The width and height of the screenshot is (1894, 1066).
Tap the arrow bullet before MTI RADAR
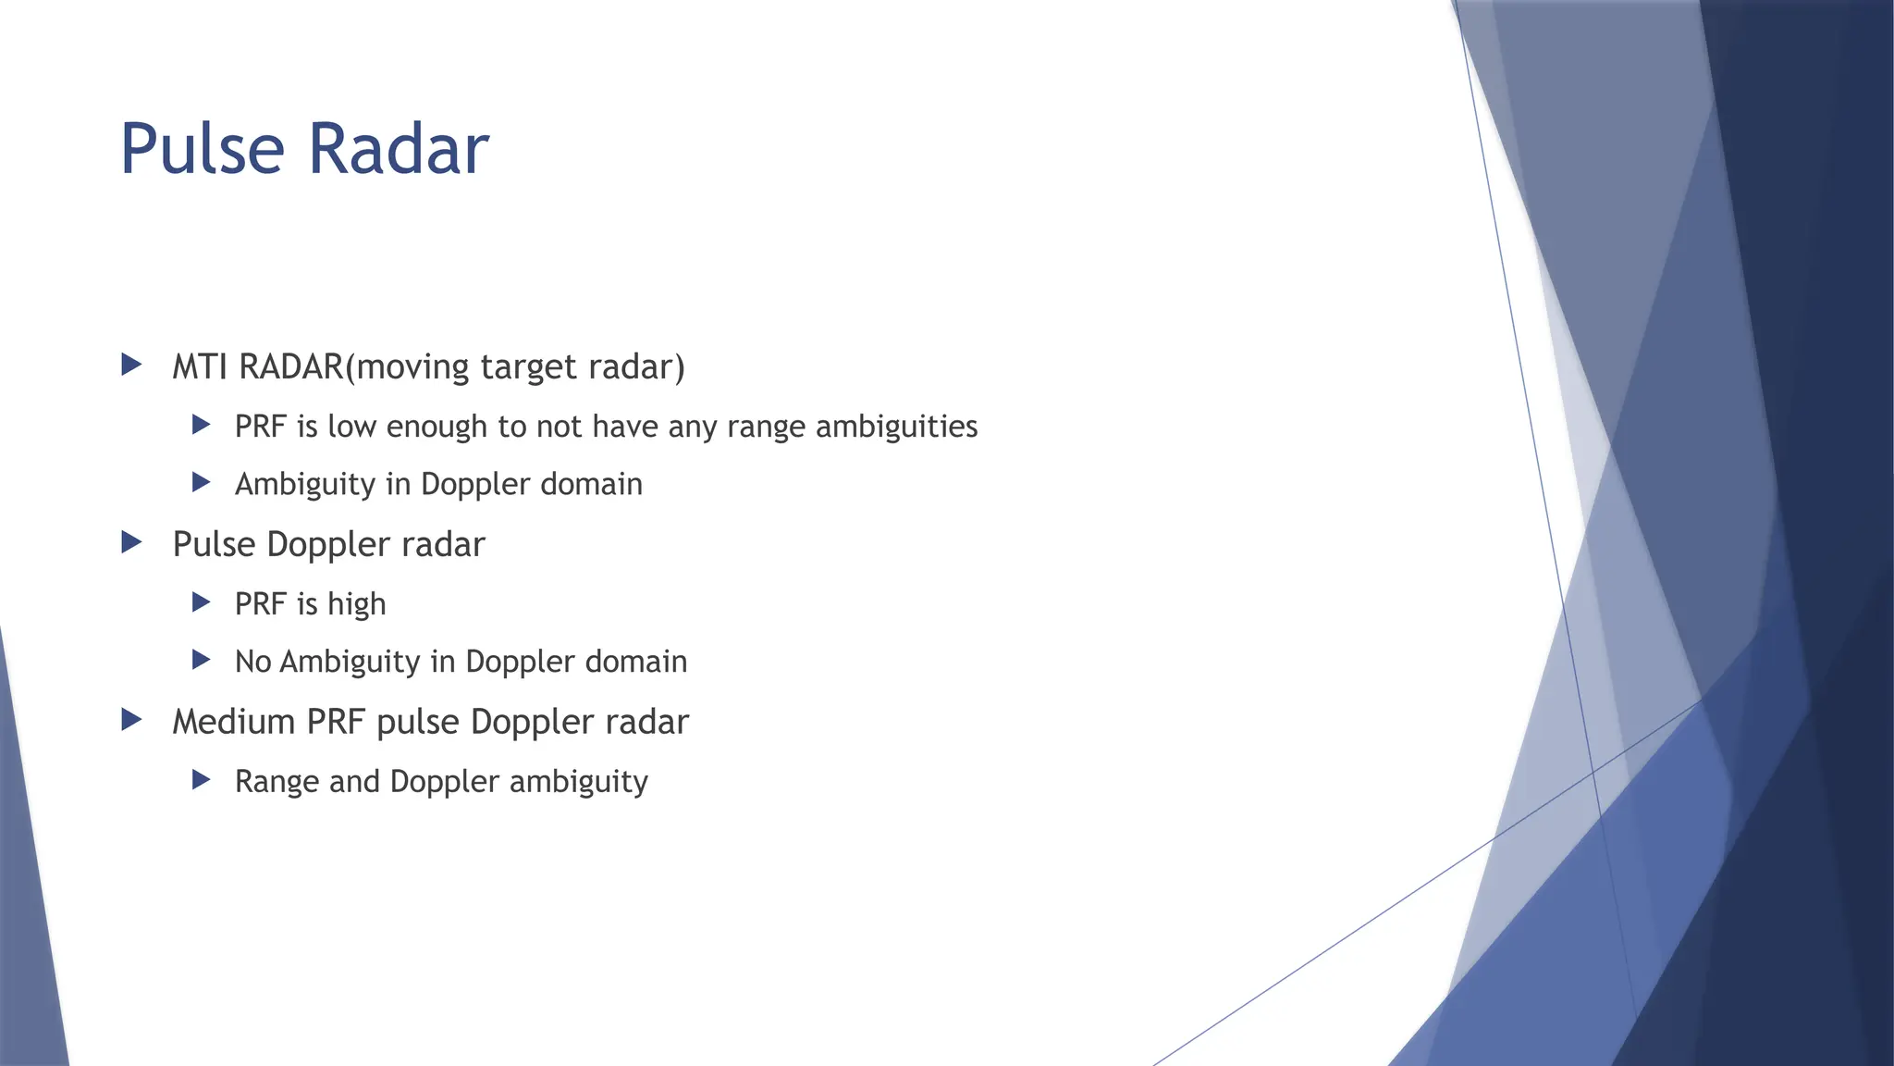pyautogui.click(x=132, y=365)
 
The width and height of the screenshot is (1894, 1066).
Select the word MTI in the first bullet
pyautogui.click(x=200, y=366)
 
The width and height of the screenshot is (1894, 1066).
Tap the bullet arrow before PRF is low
pyautogui.click(x=201, y=425)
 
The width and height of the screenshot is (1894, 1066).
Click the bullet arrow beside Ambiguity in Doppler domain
pyautogui.click(x=201, y=482)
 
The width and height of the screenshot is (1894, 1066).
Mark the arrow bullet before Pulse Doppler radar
pyautogui.click(x=132, y=542)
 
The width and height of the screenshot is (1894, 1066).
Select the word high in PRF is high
pyautogui.click(x=356, y=604)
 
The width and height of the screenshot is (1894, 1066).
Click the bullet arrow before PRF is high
pyautogui.click(x=201, y=602)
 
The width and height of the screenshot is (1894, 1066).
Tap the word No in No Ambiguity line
pyautogui.click(x=252, y=662)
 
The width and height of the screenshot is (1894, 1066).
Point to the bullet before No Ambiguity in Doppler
pyautogui.click(x=201, y=660)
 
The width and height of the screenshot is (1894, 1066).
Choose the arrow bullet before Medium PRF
pyautogui.click(x=132, y=720)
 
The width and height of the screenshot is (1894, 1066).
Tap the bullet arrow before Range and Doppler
pyautogui.click(x=201, y=780)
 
